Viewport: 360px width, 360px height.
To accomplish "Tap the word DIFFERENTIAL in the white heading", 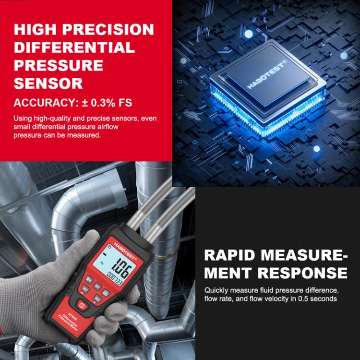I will [74, 48].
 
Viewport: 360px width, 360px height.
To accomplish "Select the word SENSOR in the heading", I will [48, 83].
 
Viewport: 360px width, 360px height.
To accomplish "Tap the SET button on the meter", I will [97, 286].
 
